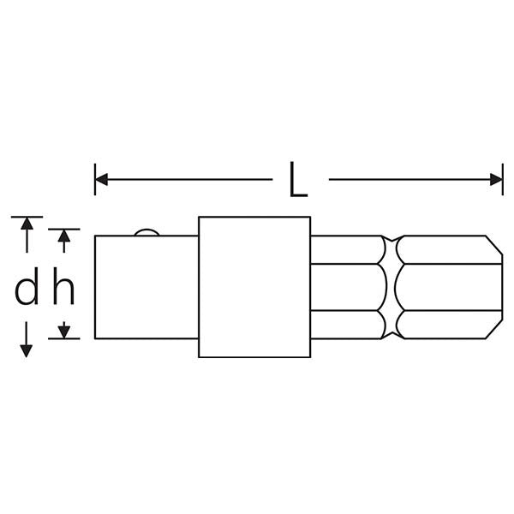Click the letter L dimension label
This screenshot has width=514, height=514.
[298, 180]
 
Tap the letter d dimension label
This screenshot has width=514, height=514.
[27, 286]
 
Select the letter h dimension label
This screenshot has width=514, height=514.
[63, 286]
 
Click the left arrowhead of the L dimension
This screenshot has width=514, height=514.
[101, 180]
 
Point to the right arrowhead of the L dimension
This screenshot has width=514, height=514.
[496, 180]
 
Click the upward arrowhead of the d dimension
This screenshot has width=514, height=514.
[27, 224]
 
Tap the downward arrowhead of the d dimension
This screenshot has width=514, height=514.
[27, 351]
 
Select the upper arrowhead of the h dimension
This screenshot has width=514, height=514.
[64, 236]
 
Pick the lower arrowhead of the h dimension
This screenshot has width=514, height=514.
[64, 332]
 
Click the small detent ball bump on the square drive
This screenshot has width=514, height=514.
[146, 232]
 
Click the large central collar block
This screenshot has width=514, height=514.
[254, 287]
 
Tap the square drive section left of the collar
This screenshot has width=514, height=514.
[146, 287]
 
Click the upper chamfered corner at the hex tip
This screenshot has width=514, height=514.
[494, 244]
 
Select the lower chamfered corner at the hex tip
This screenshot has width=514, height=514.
[494, 329]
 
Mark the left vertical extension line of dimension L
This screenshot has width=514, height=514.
[95, 180]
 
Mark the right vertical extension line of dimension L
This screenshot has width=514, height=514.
[503, 180]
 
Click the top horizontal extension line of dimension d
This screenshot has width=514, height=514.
[27, 217]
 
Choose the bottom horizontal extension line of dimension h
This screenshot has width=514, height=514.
[64, 338]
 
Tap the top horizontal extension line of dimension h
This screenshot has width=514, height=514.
[64, 229]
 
